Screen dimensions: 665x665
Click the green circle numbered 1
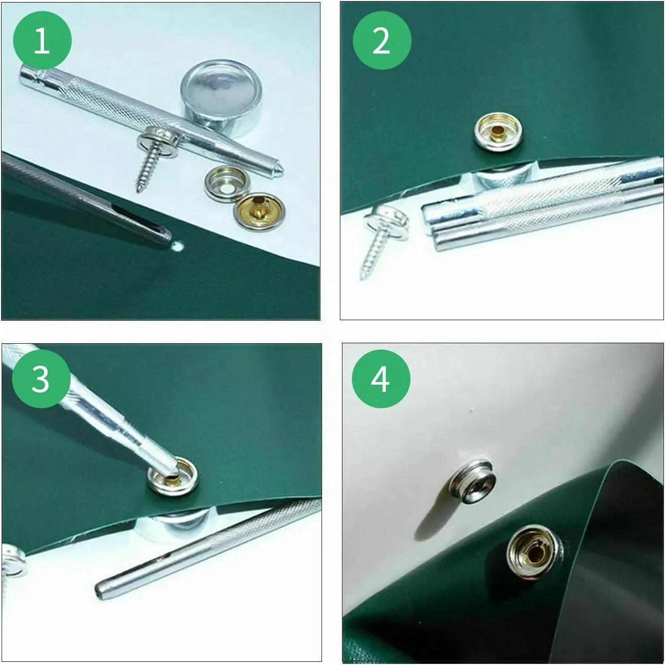42,40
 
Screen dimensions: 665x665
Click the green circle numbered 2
382,40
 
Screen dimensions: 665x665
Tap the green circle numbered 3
41,379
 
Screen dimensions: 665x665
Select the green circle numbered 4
381,379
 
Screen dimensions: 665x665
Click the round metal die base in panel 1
221,99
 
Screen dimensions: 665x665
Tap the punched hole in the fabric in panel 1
178,246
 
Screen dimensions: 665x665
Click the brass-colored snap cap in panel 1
260,211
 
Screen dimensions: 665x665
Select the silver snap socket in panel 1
226,184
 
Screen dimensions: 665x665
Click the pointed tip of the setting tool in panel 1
280,170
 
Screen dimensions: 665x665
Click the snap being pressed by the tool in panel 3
173,476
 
